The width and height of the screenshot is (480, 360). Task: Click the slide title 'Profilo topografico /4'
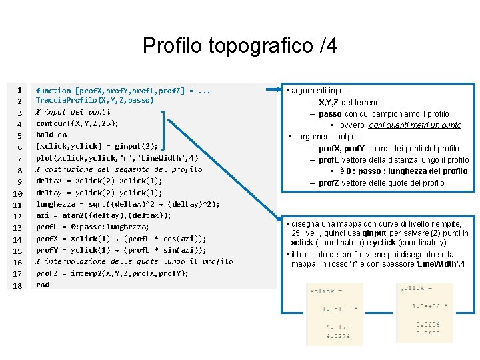[x=240, y=45]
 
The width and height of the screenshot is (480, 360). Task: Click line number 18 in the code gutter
[x=19, y=285]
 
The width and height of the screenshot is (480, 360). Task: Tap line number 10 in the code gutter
[x=19, y=193]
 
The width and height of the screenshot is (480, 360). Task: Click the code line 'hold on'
[x=51, y=135]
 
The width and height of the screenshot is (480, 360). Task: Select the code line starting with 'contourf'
[x=77, y=123]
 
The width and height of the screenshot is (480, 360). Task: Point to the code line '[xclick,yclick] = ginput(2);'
[x=97, y=146]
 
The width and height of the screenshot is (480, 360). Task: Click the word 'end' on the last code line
[x=43, y=285]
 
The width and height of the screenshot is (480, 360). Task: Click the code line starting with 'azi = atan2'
[x=103, y=215]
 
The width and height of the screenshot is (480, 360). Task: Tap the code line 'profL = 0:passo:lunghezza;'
[x=92, y=227]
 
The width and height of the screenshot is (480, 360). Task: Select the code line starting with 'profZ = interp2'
[x=112, y=273]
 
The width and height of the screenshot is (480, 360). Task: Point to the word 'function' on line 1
[x=53, y=90]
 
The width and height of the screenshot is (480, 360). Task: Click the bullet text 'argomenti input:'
[x=317, y=90]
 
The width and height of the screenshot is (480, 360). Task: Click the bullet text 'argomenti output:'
[x=329, y=136]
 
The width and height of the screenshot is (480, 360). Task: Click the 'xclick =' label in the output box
[x=322, y=291]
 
